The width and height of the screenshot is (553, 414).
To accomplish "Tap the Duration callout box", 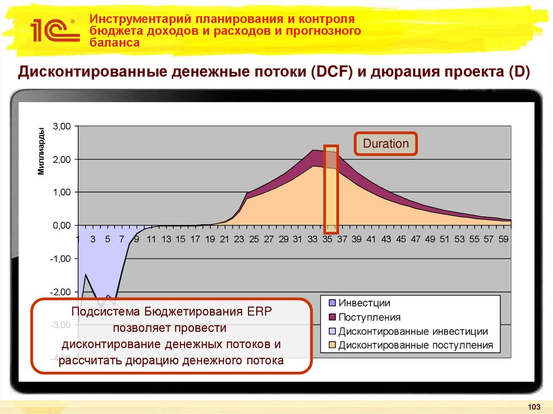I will [386, 144].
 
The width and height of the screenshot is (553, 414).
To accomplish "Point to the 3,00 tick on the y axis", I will [62, 126].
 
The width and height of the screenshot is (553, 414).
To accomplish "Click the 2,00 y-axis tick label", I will [62, 159].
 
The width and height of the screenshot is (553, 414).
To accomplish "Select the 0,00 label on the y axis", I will [62, 225].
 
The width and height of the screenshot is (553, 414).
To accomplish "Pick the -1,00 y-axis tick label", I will [60, 259].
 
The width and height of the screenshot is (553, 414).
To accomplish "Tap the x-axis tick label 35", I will [327, 239].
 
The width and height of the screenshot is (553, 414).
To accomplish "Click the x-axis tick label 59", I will [502, 239].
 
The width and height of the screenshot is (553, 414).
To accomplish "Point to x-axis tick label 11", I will [151, 239].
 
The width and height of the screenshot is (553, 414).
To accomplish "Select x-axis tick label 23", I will [239, 239].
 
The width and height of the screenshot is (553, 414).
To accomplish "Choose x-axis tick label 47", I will [415, 239].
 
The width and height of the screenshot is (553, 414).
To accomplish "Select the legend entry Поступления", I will [369, 317].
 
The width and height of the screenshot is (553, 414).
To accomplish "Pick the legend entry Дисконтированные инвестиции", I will [413, 331].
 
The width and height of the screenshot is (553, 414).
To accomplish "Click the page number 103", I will [534, 406].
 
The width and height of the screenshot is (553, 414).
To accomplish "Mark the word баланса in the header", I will [114, 43].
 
